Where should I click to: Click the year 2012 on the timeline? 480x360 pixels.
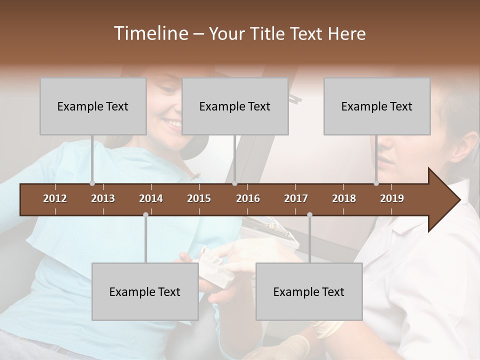(55, 198)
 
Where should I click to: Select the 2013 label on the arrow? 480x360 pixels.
(103, 198)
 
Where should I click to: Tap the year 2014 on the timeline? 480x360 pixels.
(151, 198)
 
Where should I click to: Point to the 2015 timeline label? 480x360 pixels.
(199, 198)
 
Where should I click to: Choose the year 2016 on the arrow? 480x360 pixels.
(248, 198)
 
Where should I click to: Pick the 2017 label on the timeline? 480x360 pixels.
(296, 198)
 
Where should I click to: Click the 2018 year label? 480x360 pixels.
(344, 198)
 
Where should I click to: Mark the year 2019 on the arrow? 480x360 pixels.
(392, 198)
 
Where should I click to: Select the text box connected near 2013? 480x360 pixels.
(93, 106)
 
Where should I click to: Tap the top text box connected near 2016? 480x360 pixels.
(235, 106)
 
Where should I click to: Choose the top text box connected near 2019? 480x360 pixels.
(377, 106)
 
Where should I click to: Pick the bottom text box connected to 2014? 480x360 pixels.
(145, 291)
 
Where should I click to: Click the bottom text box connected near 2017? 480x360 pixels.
(309, 291)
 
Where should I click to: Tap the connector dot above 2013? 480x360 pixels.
(92, 183)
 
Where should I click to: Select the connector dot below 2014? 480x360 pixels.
(145, 214)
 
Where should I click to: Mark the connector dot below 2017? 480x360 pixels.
(309, 214)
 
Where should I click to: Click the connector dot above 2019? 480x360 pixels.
(376, 183)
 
